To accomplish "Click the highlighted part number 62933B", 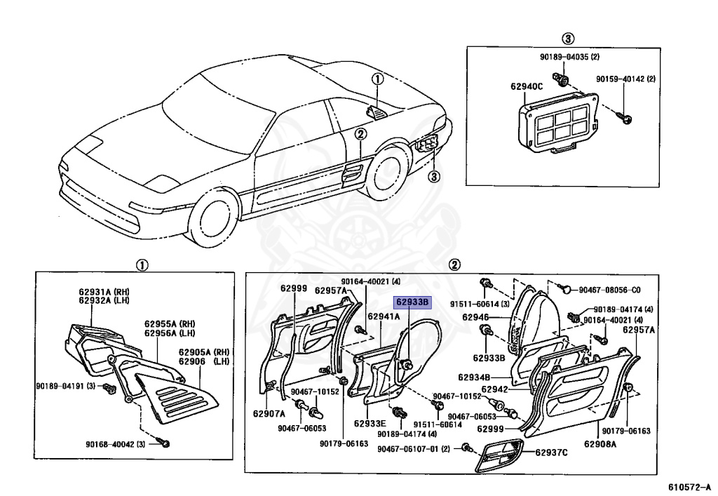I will click(x=411, y=302).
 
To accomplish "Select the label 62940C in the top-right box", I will click(x=527, y=87).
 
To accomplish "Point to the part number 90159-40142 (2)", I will click(x=625, y=79).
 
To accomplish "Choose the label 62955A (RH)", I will click(x=170, y=324).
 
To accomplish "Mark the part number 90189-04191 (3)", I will click(x=67, y=385).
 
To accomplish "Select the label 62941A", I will click(x=384, y=317).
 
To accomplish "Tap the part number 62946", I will click(x=475, y=318).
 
